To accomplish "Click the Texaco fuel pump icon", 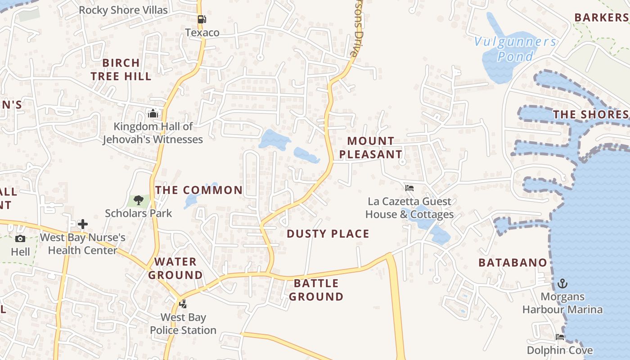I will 202,19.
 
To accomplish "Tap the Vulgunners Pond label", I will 516,49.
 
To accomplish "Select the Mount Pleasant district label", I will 370,148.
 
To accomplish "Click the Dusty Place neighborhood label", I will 328,234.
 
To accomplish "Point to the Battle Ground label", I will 316,290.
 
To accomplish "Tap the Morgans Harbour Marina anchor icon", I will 562,283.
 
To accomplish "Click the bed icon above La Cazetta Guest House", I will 409,188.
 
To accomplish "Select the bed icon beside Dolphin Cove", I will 560,337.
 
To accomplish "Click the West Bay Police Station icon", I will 183,304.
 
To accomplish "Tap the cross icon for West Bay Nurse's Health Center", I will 83,224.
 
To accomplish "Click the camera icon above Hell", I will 20,238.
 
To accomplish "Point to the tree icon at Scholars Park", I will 138,200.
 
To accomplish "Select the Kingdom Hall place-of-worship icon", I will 153,113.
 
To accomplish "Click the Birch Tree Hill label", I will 121,69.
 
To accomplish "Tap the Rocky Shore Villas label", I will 123,10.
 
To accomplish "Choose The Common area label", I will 199,190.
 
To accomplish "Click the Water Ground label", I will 175,268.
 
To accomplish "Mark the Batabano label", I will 513,262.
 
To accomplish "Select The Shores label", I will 590,114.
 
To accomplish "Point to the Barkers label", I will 601,18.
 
